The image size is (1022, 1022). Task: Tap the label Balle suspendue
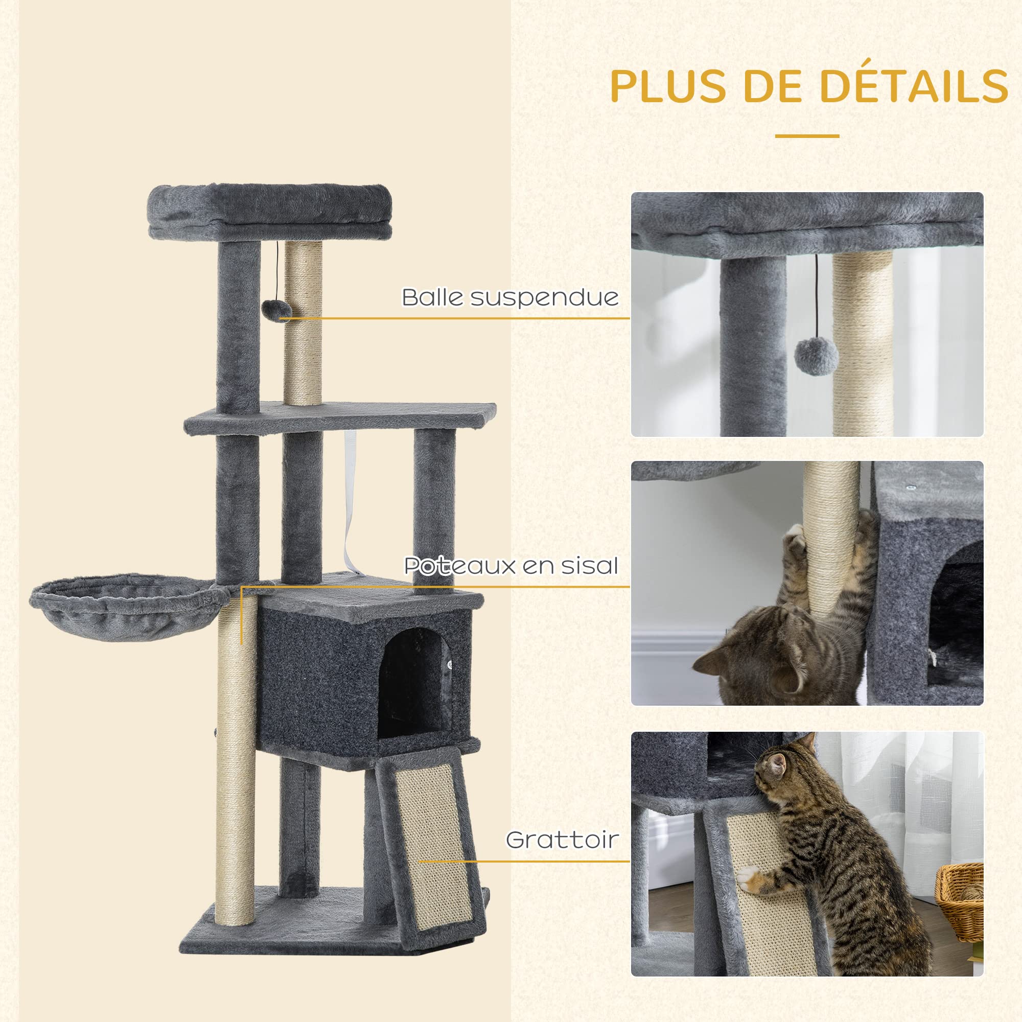(x=510, y=297)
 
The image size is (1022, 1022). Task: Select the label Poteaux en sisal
(x=511, y=566)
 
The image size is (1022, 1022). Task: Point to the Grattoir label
(x=562, y=840)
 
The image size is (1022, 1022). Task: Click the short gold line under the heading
(x=807, y=136)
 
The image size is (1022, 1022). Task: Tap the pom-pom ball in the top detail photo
(x=816, y=356)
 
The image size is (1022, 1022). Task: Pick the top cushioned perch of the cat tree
(x=270, y=211)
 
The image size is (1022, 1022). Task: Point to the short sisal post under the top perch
(x=303, y=322)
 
